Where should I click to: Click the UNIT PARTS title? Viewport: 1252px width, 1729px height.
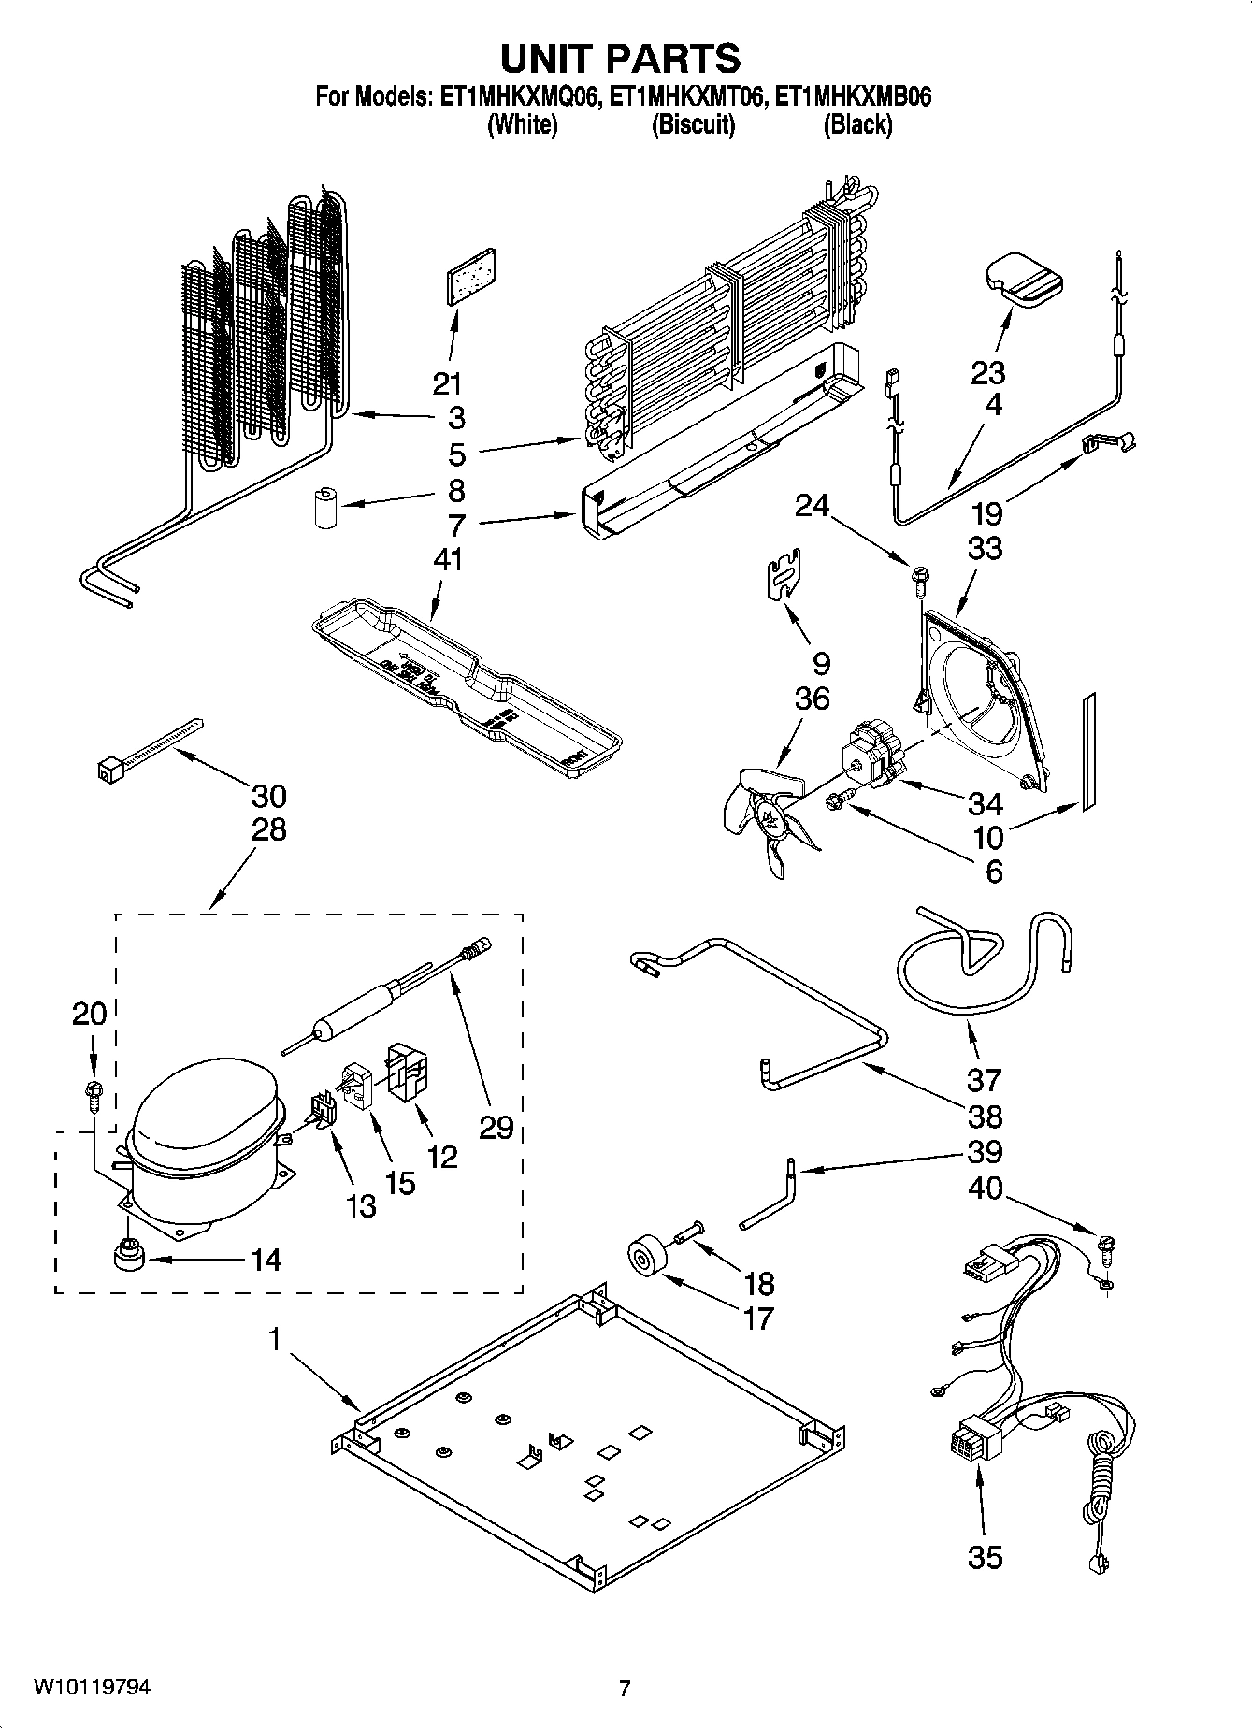pos(621,58)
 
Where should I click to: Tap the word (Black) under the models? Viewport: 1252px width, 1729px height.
pos(856,124)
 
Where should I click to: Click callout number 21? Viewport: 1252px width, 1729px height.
pos(448,383)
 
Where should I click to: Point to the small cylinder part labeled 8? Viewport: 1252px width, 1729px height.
pos(325,506)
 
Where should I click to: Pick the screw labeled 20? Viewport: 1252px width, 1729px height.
pos(93,1091)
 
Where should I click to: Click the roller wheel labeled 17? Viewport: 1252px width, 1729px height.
pos(645,1255)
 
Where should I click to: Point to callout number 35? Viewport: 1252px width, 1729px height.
pos(985,1557)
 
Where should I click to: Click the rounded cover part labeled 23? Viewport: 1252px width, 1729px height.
pos(1024,278)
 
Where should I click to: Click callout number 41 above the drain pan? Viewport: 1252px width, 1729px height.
pos(448,559)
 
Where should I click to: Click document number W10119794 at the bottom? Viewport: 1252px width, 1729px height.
pos(92,1687)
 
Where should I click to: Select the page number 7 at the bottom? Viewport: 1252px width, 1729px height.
pos(625,1688)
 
